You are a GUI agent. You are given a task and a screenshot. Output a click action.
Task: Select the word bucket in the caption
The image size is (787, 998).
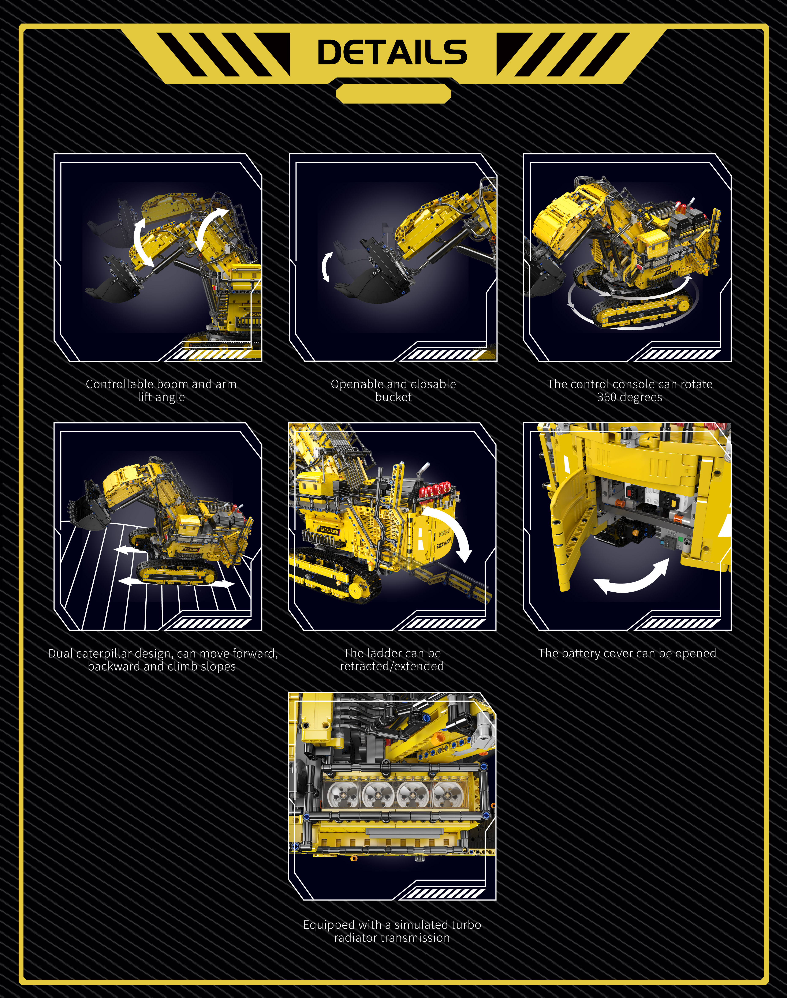pyautogui.click(x=393, y=397)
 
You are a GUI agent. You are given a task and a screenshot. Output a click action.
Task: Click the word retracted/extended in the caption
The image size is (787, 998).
pyautogui.click(x=392, y=666)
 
